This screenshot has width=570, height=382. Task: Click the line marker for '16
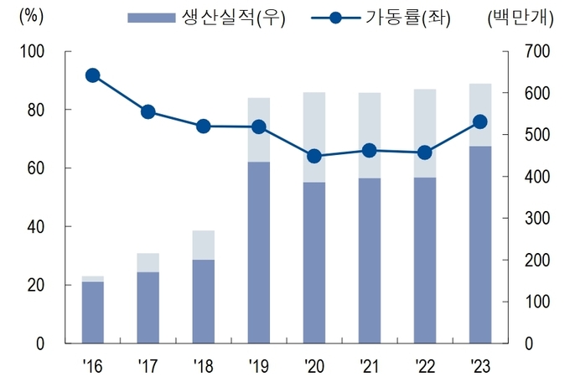pos(93,75)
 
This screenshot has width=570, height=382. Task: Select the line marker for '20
pos(314,157)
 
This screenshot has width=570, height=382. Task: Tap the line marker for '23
pos(480,121)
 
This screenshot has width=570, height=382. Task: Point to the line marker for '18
pos(203,126)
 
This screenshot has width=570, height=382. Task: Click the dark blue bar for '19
pos(259,253)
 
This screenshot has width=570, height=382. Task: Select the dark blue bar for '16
pos(93,312)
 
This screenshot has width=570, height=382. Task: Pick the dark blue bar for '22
pos(425,261)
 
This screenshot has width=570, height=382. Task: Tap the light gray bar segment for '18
pos(203,245)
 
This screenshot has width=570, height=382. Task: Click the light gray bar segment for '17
pos(148,262)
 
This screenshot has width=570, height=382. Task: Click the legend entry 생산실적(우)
pos(206,18)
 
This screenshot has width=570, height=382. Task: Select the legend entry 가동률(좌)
pos(381,18)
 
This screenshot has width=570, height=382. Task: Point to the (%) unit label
pos(31,17)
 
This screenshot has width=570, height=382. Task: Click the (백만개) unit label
pos(521,18)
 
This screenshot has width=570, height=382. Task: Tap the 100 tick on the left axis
pos(32,52)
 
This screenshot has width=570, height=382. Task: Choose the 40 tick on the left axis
pos(36,227)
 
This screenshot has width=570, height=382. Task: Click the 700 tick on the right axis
pos(537,51)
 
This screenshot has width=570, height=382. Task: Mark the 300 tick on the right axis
pos(537,219)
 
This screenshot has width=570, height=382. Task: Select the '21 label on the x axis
pos(369,366)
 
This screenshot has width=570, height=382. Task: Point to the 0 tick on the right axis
pos(529,343)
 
